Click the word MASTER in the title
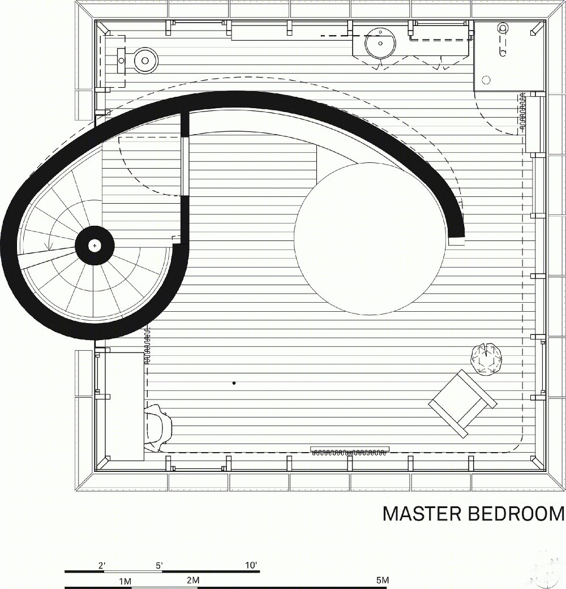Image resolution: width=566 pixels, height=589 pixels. [422, 514]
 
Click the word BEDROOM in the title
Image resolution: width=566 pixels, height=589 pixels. [516, 514]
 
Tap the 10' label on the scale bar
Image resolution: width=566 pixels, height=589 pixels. [251, 565]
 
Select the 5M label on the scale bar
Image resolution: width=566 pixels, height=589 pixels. [382, 580]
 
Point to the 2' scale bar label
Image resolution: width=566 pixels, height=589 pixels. [102, 565]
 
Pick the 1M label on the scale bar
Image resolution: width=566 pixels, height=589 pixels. [125, 582]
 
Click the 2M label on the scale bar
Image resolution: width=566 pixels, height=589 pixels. [193, 580]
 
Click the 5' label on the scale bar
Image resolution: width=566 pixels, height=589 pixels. [159, 565]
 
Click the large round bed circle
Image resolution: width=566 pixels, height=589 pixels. [370, 239]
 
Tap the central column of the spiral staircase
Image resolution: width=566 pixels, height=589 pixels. [95, 246]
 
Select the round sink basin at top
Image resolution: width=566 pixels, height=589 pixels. [380, 43]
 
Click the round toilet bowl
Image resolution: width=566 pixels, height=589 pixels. [146, 60]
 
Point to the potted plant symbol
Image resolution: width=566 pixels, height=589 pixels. [487, 359]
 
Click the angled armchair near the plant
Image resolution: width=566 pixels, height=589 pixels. [462, 403]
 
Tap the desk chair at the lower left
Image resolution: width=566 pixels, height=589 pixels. [158, 428]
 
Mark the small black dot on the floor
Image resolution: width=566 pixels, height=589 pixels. [234, 383]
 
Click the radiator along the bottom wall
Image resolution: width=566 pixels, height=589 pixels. [350, 451]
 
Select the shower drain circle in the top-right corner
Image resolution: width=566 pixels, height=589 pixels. [486, 80]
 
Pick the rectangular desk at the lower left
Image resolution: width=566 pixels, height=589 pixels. [125, 406]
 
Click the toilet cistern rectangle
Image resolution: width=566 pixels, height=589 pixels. [121, 60]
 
